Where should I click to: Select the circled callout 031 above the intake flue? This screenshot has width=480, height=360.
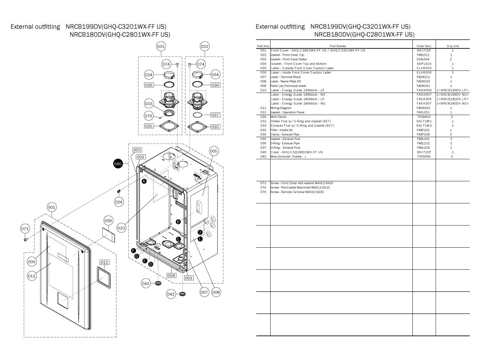pyautogui.click(x=161, y=46)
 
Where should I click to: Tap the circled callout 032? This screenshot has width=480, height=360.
pyautogui.click(x=205, y=46)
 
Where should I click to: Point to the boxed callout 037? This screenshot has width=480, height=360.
pyautogui.click(x=215, y=115)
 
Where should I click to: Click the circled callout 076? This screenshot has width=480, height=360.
pyautogui.click(x=149, y=116)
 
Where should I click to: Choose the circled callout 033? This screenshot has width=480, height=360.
pyautogui.click(x=149, y=104)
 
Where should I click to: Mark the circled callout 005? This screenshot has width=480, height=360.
pyautogui.click(x=214, y=151)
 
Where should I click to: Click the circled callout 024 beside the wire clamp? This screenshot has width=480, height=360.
pyautogui.click(x=119, y=201)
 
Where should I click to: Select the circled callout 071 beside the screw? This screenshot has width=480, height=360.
pyautogui.click(x=26, y=228)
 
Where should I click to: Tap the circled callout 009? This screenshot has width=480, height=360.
pyautogui.click(x=108, y=221)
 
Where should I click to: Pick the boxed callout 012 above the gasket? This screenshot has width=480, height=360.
pyautogui.click(x=104, y=262)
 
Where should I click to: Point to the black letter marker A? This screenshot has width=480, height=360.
pyautogui.click(x=144, y=182)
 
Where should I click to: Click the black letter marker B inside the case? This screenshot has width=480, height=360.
pyautogui.click(x=177, y=221)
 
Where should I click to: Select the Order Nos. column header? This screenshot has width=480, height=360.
pyautogui.click(x=424, y=46)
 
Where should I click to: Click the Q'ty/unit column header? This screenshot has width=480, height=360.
pyautogui.click(x=452, y=46)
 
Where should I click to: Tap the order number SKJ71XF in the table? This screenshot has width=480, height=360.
pyautogui.click(x=424, y=50)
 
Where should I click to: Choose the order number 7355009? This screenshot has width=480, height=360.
pyautogui.click(x=423, y=157)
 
